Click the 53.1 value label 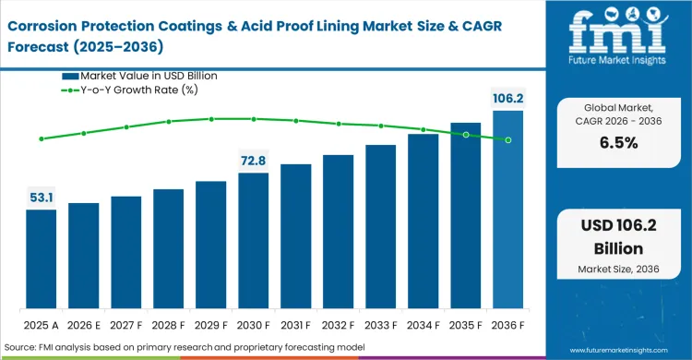coord(41,197)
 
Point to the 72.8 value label coord(253,161)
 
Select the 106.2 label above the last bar coord(507,98)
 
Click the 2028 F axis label coord(168,325)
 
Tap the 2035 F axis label coord(465,325)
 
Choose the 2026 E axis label coord(83,325)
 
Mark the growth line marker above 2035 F coord(466,135)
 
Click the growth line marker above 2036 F coord(508,140)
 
